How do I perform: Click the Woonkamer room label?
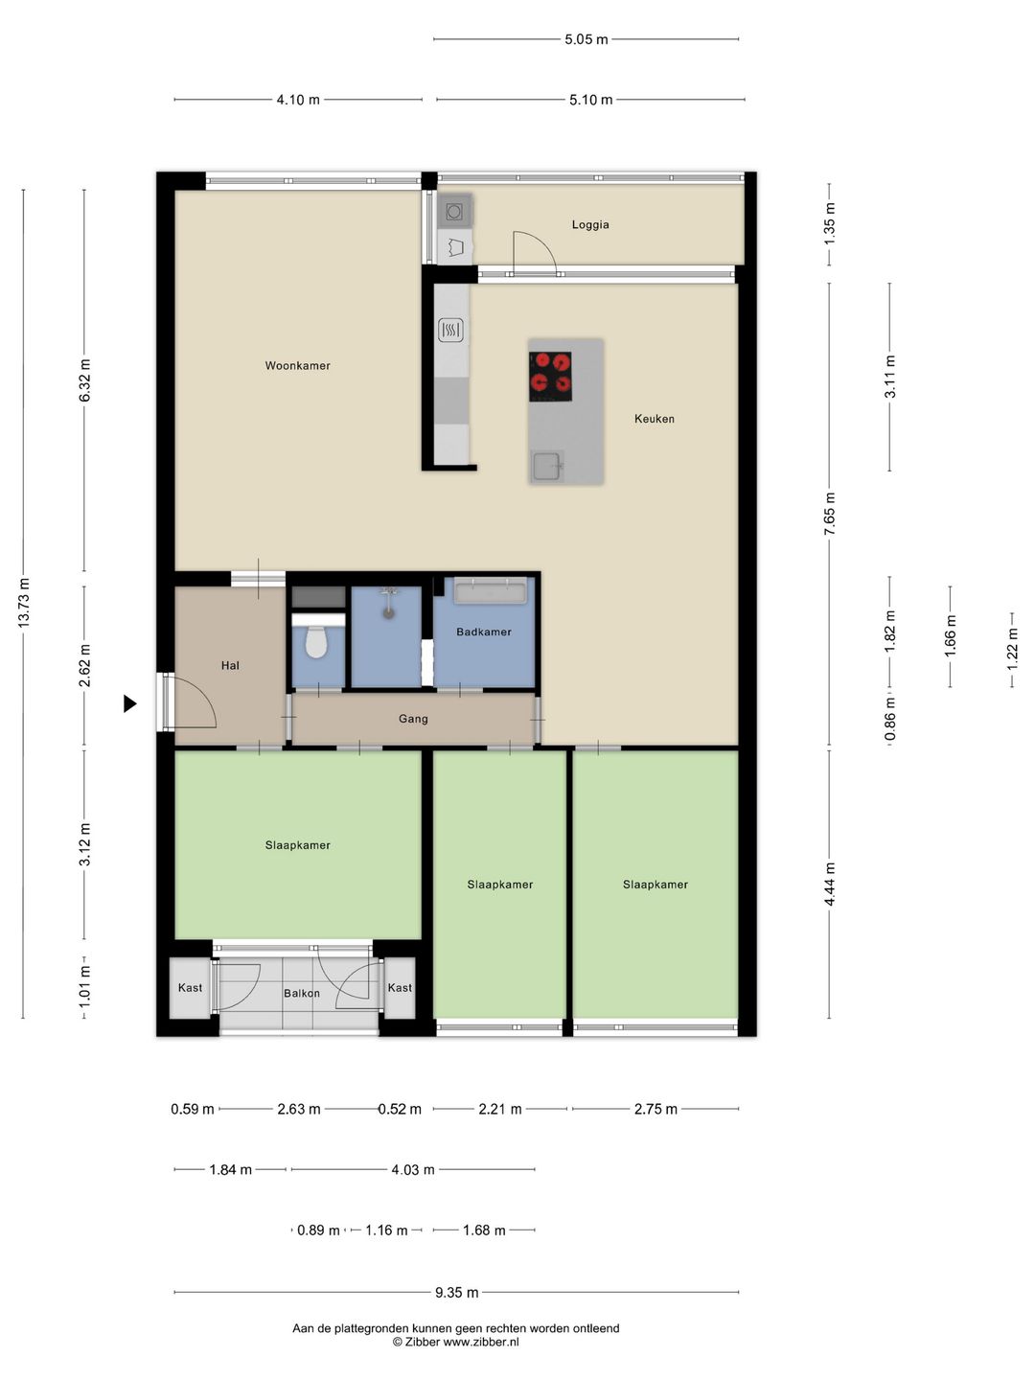(x=297, y=365)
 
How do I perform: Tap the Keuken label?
(x=655, y=419)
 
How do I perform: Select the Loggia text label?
(x=590, y=224)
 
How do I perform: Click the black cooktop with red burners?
(x=550, y=376)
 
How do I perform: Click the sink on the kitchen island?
(x=546, y=466)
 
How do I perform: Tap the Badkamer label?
(x=483, y=632)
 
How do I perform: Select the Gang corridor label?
(x=413, y=719)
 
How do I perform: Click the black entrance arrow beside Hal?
(x=130, y=703)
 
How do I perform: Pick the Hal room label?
(x=230, y=665)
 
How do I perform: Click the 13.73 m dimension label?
(x=24, y=602)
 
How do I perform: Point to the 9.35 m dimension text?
(x=457, y=1293)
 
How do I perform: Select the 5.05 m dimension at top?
(x=586, y=39)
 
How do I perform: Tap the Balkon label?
(x=302, y=994)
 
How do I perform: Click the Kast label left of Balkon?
(x=190, y=988)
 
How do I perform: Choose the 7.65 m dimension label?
(x=830, y=514)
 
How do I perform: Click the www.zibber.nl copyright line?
(x=455, y=1342)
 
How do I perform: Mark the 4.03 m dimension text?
(x=413, y=1169)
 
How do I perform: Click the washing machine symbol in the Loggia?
(x=454, y=212)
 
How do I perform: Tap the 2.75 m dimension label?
(x=655, y=1109)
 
